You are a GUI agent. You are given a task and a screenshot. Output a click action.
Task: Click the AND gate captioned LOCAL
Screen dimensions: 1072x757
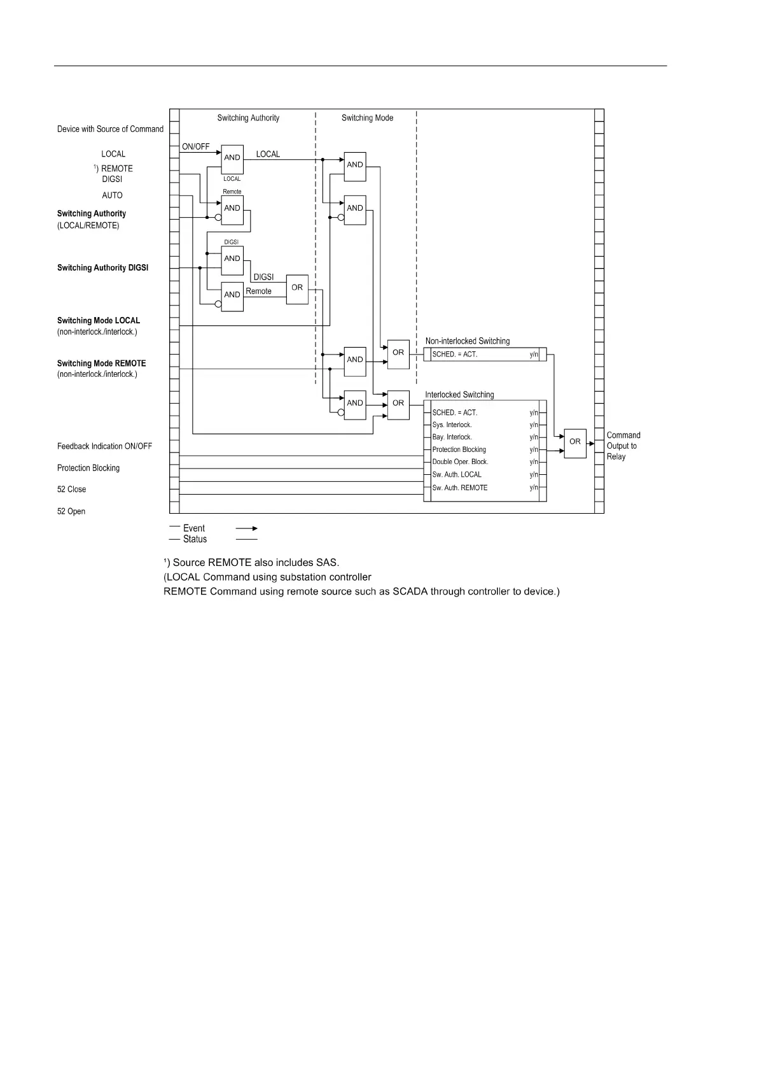click(232, 158)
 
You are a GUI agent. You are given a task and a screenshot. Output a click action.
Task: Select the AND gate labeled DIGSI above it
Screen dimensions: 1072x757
click(232, 259)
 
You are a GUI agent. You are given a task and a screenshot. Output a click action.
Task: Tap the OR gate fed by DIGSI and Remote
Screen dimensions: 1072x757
click(297, 288)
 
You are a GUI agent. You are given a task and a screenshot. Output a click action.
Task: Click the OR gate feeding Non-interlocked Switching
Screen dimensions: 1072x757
click(398, 353)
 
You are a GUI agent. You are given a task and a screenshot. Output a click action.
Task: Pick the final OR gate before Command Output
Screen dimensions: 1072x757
click(575, 442)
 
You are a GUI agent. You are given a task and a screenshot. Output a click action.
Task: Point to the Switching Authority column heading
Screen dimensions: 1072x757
click(248, 118)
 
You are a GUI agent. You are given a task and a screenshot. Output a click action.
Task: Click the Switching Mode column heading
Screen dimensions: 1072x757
click(367, 118)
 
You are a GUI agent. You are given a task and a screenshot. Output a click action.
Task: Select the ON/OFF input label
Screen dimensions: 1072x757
click(196, 146)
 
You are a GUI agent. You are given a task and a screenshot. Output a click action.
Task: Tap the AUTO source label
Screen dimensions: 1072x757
click(112, 195)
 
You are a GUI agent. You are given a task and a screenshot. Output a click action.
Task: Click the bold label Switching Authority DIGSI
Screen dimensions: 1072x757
click(102, 268)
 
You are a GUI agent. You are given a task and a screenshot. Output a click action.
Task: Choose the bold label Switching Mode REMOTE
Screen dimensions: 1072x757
click(101, 363)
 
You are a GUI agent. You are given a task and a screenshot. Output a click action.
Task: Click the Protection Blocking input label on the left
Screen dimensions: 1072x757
click(88, 468)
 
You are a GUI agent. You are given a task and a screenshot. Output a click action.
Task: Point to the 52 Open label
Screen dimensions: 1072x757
click(71, 511)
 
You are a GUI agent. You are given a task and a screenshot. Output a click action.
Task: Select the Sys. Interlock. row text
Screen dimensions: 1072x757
click(452, 425)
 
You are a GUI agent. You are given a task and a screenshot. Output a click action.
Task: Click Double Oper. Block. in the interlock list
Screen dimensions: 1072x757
click(460, 462)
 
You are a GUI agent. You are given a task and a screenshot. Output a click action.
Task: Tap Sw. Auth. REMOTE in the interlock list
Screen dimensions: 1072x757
click(460, 488)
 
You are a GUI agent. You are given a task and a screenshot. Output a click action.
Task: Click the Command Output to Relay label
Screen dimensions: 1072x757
click(623, 446)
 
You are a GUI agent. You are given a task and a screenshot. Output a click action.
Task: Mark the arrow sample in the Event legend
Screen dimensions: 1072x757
click(246, 528)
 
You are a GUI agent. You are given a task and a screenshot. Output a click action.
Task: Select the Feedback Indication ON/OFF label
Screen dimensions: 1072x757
click(104, 446)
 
